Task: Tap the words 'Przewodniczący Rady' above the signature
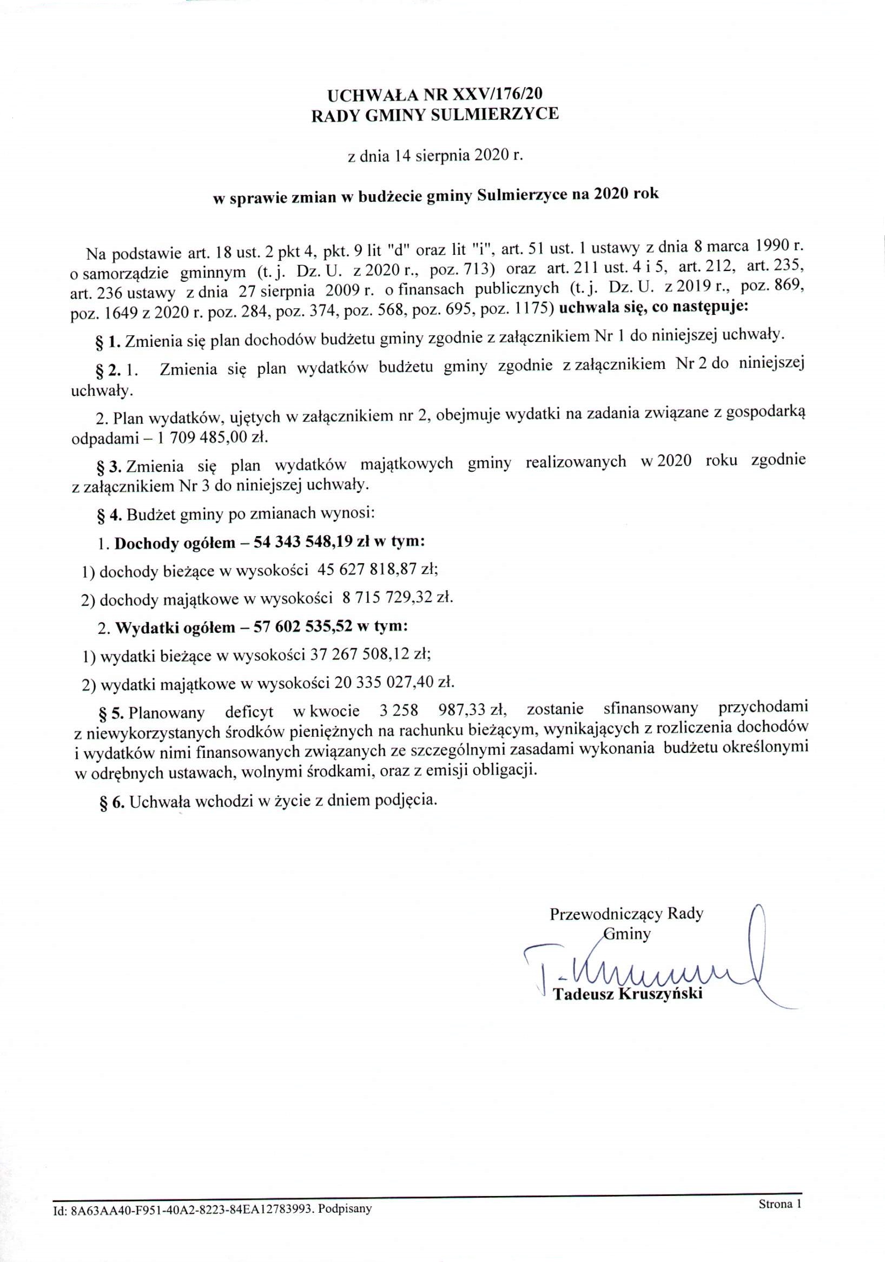(x=626, y=914)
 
